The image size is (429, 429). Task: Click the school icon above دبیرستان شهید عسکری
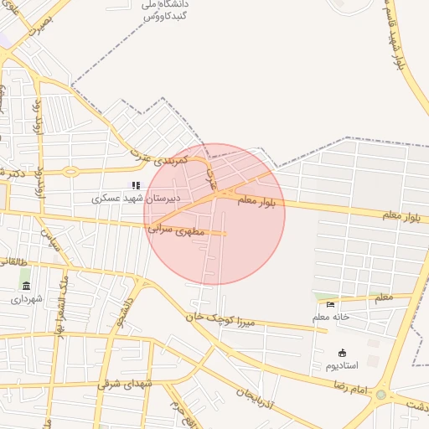135,185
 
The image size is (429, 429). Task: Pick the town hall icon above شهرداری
26,286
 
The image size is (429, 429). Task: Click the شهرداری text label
26,298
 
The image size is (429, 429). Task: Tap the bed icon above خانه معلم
330,304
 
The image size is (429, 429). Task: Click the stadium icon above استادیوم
341,353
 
